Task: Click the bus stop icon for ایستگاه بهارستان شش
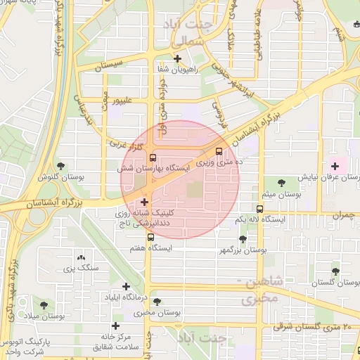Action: coord(153,157)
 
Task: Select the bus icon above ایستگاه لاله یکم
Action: coord(260,209)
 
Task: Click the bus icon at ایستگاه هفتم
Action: coord(150,237)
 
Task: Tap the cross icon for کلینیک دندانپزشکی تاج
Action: coord(145,202)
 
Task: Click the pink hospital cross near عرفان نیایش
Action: coord(335,167)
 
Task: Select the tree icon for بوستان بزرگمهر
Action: coord(243,239)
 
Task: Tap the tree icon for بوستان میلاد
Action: coord(44,305)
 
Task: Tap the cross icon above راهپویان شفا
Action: coord(177,58)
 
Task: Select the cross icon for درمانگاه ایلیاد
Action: coord(127,286)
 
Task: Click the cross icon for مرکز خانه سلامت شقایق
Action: coord(115,326)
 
